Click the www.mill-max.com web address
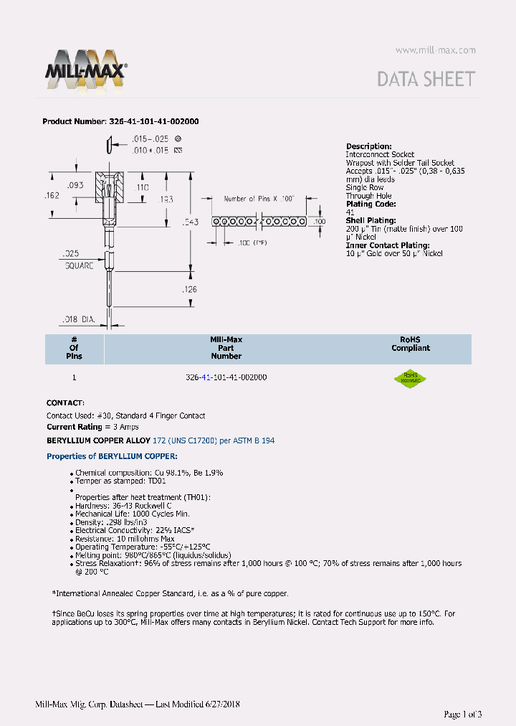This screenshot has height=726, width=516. [435, 50]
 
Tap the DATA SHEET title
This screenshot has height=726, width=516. [426, 79]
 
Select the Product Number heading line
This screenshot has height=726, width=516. [120, 121]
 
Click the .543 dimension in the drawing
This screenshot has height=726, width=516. [191, 222]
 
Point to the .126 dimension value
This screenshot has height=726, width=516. [189, 290]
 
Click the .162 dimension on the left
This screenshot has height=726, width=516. [52, 195]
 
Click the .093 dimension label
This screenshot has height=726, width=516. [77, 186]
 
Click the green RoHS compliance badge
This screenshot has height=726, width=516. [411, 378]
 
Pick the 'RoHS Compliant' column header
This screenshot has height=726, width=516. [411, 344]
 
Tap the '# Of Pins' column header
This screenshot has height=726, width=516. [74, 347]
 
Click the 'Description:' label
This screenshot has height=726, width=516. [368, 146]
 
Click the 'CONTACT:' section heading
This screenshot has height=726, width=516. [65, 403]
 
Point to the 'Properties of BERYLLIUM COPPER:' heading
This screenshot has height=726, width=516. [112, 456]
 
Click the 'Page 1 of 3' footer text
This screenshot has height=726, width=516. [463, 714]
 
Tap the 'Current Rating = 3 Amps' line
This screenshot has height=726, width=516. [92, 427]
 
